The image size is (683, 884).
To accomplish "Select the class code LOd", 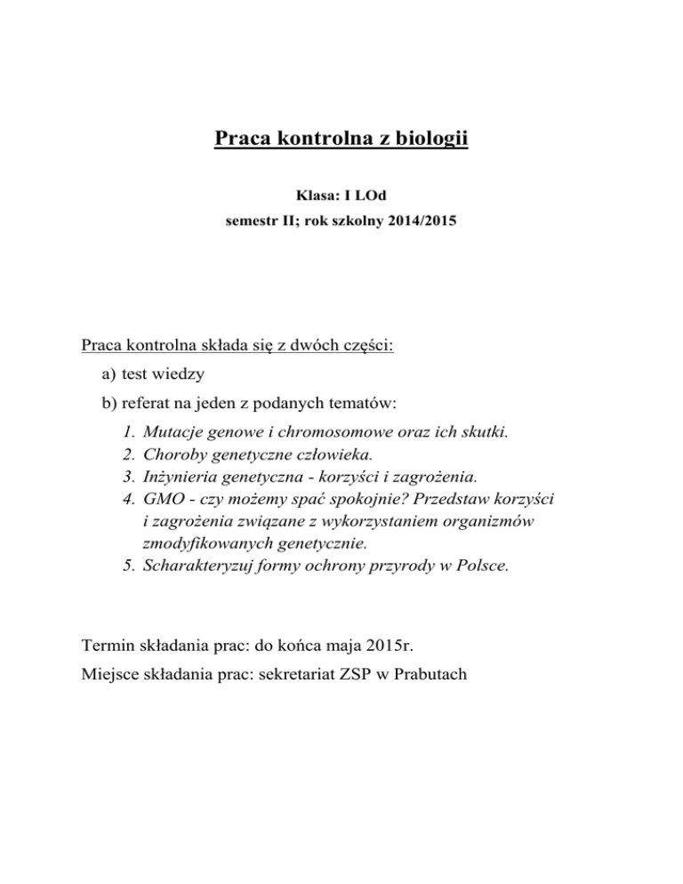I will tap(358, 193).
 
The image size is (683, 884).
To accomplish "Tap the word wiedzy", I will tap(183, 375).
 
